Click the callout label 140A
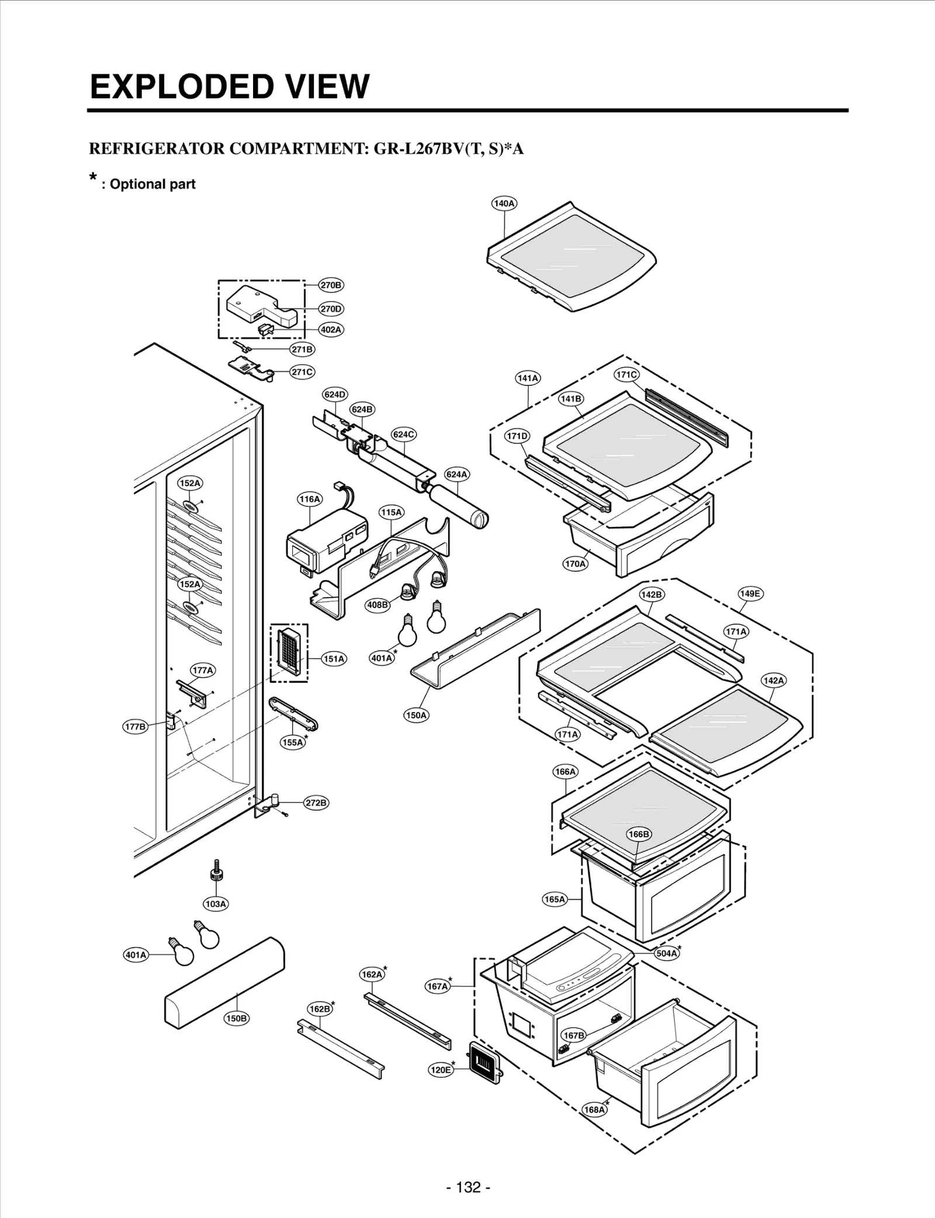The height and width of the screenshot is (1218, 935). click(x=504, y=203)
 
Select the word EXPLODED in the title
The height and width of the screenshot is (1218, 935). click(x=179, y=87)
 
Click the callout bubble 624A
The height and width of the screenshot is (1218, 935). click(x=456, y=474)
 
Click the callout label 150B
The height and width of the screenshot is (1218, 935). click(x=236, y=1018)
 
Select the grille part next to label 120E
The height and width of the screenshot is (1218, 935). click(x=484, y=1060)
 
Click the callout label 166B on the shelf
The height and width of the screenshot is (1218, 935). click(x=638, y=834)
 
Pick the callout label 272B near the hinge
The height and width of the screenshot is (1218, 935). click(x=316, y=803)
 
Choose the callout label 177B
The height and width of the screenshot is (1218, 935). click(x=135, y=727)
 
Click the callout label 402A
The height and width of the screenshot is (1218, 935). click(x=331, y=329)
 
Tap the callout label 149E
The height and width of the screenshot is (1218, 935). click(x=750, y=594)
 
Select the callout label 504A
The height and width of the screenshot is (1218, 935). click(x=666, y=953)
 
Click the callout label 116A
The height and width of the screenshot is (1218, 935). click(x=309, y=499)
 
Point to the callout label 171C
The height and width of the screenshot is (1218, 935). click(x=626, y=375)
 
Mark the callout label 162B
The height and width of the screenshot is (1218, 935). click(x=320, y=1009)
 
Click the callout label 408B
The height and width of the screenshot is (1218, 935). click(x=377, y=605)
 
